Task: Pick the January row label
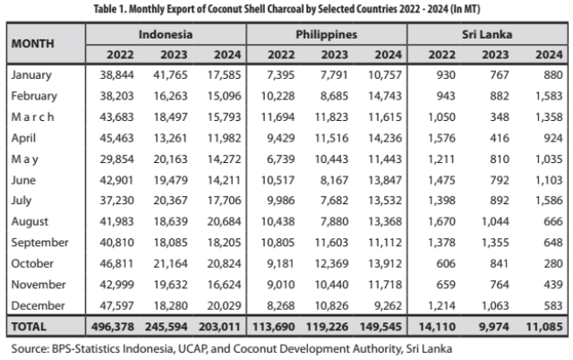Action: pos(33,75)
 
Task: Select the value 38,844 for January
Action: pos(114,75)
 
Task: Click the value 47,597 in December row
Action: pos(114,304)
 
